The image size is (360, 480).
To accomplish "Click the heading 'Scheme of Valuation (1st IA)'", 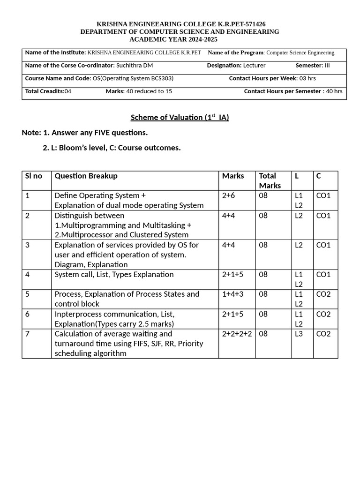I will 180,117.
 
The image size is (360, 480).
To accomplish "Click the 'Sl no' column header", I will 33,176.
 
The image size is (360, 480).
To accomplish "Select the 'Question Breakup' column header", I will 86,176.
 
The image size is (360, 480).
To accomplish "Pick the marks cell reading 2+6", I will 229,195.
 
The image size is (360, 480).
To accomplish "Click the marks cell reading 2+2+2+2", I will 237,334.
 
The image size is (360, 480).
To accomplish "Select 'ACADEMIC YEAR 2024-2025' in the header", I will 180,39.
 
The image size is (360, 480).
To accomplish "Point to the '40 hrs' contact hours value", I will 334,91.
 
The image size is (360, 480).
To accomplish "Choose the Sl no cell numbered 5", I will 28,294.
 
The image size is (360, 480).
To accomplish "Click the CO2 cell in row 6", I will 323,314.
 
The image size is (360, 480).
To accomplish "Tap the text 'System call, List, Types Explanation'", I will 114,274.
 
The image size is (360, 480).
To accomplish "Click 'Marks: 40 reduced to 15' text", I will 139,91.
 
